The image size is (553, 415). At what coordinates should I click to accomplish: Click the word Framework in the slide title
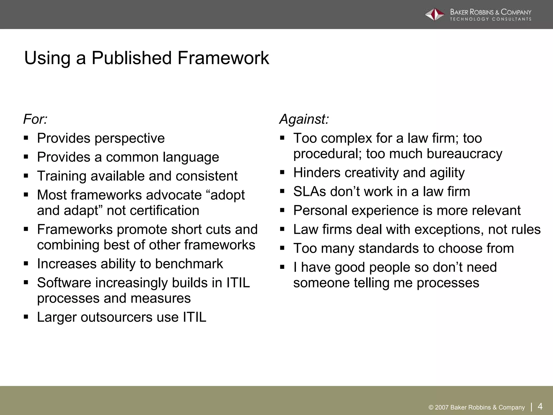tap(223, 58)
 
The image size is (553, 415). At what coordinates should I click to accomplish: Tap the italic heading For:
tap(35, 119)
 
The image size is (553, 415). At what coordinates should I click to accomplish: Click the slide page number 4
tap(540, 406)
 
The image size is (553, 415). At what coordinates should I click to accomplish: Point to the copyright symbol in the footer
tap(431, 408)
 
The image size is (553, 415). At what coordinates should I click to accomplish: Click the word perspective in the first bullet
tap(129, 139)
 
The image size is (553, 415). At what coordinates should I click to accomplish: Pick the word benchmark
tap(189, 264)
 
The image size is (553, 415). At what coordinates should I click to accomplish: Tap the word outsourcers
tap(116, 317)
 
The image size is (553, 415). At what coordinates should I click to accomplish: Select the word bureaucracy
tap(464, 154)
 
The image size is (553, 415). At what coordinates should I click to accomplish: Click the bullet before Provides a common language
tap(26, 157)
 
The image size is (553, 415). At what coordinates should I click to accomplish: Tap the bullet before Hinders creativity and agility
tap(282, 172)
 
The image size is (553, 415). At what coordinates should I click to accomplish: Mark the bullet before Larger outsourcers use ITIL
tap(26, 317)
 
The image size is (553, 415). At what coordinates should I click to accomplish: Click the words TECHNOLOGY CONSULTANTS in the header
tap(490, 19)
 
